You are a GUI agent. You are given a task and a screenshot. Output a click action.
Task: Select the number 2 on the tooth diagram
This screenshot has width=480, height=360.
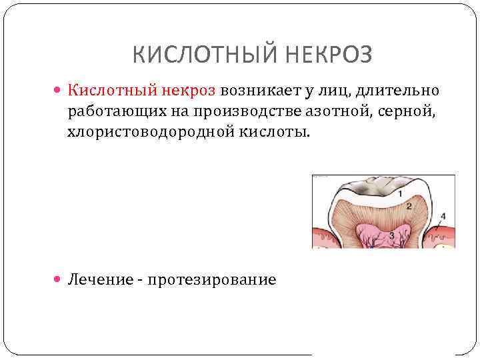pos(408,207)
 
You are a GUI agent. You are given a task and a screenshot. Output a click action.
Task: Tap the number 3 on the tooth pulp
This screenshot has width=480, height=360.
pos(391,235)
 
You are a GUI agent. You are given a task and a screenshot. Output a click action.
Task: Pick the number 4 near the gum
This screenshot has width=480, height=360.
pos(443,217)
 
